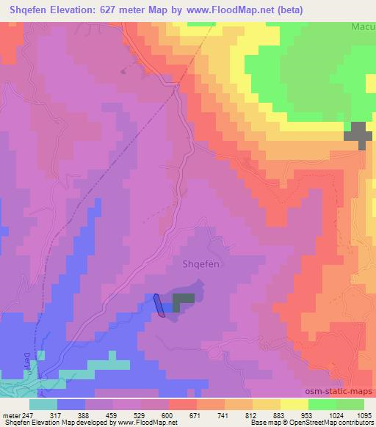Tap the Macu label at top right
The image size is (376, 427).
[x=361, y=26]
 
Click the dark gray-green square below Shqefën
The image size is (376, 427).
[x=184, y=299]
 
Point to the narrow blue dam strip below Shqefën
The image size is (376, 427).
[x=159, y=305]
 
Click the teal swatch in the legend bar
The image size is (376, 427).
[x=43, y=404]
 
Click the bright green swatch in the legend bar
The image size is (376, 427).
[x=322, y=404]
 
